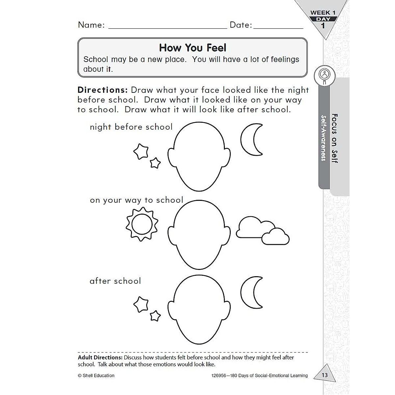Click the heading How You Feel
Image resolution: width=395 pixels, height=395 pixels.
click(x=193, y=48)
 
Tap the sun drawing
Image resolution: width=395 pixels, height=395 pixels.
click(x=142, y=224)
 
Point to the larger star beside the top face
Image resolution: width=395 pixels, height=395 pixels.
click(x=141, y=151)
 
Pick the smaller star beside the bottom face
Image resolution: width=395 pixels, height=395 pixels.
click(x=155, y=316)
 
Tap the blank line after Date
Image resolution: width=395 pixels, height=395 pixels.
click(x=278, y=26)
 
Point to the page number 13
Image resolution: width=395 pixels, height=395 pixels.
click(x=325, y=375)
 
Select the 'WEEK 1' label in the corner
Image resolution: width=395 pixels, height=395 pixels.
click(x=323, y=13)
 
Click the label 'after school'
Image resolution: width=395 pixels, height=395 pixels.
click(x=115, y=281)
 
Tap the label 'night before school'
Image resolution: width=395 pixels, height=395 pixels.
click(x=131, y=127)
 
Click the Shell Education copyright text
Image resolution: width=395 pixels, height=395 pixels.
click(x=96, y=375)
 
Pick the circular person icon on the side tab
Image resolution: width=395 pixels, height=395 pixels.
click(x=325, y=74)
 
